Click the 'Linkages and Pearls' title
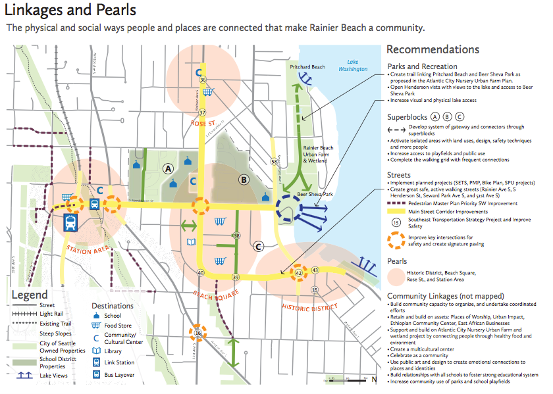pyautogui.click(x=71, y=11)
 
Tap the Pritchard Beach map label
pyautogui.click(x=309, y=67)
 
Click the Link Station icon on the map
pyautogui.click(x=70, y=222)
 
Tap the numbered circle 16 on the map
pyautogui.click(x=197, y=334)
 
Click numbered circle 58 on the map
pyautogui.click(x=273, y=160)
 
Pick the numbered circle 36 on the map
pyautogui.click(x=203, y=79)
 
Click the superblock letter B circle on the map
pyautogui.click(x=244, y=178)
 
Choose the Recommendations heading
pyautogui.click(x=433, y=50)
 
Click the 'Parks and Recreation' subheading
pyautogui.click(x=422, y=66)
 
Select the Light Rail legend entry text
pyautogui.click(x=51, y=314)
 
